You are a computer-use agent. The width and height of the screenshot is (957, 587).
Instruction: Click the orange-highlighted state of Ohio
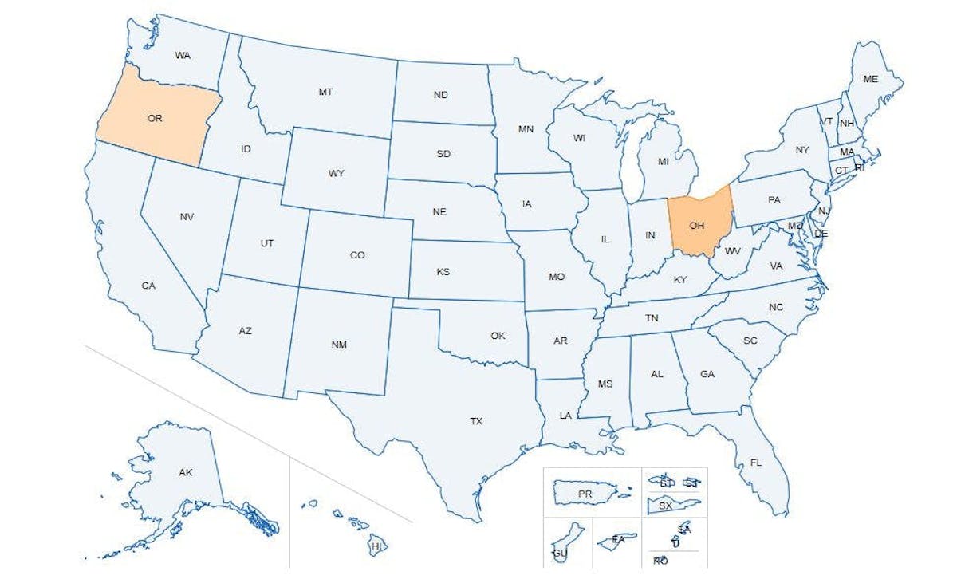coord(698,225)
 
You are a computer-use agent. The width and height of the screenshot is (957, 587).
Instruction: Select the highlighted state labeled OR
coord(155,118)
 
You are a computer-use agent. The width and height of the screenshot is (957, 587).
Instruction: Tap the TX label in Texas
coord(476,421)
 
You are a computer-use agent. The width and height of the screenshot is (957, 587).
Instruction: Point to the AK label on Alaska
coord(186,473)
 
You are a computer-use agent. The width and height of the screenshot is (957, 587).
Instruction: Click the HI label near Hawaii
coord(377,546)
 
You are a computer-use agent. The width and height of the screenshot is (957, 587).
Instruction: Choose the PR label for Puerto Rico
coord(585,494)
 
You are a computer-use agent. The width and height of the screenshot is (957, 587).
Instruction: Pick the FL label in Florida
coord(755,463)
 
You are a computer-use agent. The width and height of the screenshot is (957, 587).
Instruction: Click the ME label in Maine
coord(871,79)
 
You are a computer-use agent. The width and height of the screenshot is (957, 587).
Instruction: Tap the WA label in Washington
coord(183,56)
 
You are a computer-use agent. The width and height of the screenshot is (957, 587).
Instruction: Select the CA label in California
coord(148,285)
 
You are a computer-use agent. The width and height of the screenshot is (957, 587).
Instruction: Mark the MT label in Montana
coord(325,92)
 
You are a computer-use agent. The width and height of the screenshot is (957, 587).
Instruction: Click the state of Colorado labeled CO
coord(357,255)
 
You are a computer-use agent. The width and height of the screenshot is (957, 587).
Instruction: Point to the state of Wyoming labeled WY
coord(337,173)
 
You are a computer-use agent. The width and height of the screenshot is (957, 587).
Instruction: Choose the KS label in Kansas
coord(443,272)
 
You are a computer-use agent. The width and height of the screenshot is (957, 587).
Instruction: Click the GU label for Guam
coord(560,553)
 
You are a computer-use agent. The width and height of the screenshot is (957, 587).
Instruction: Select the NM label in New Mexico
coord(339,345)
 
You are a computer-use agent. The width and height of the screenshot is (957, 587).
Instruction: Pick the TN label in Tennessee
coord(652,318)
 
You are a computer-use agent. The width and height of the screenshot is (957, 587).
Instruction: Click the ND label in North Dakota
coord(441,95)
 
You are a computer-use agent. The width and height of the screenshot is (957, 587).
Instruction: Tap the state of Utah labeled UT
coord(267,243)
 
